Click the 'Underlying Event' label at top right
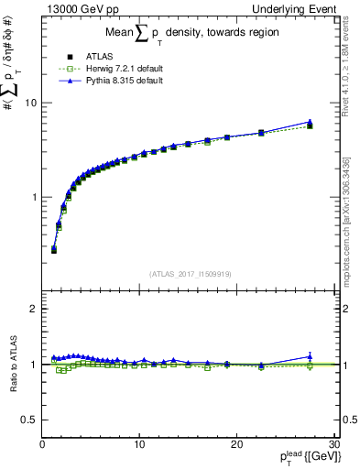click(295, 9)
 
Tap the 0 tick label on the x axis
click(42, 444)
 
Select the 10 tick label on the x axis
click(138, 444)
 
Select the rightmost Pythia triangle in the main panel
click(310, 122)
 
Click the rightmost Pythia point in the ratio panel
click(310, 356)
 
